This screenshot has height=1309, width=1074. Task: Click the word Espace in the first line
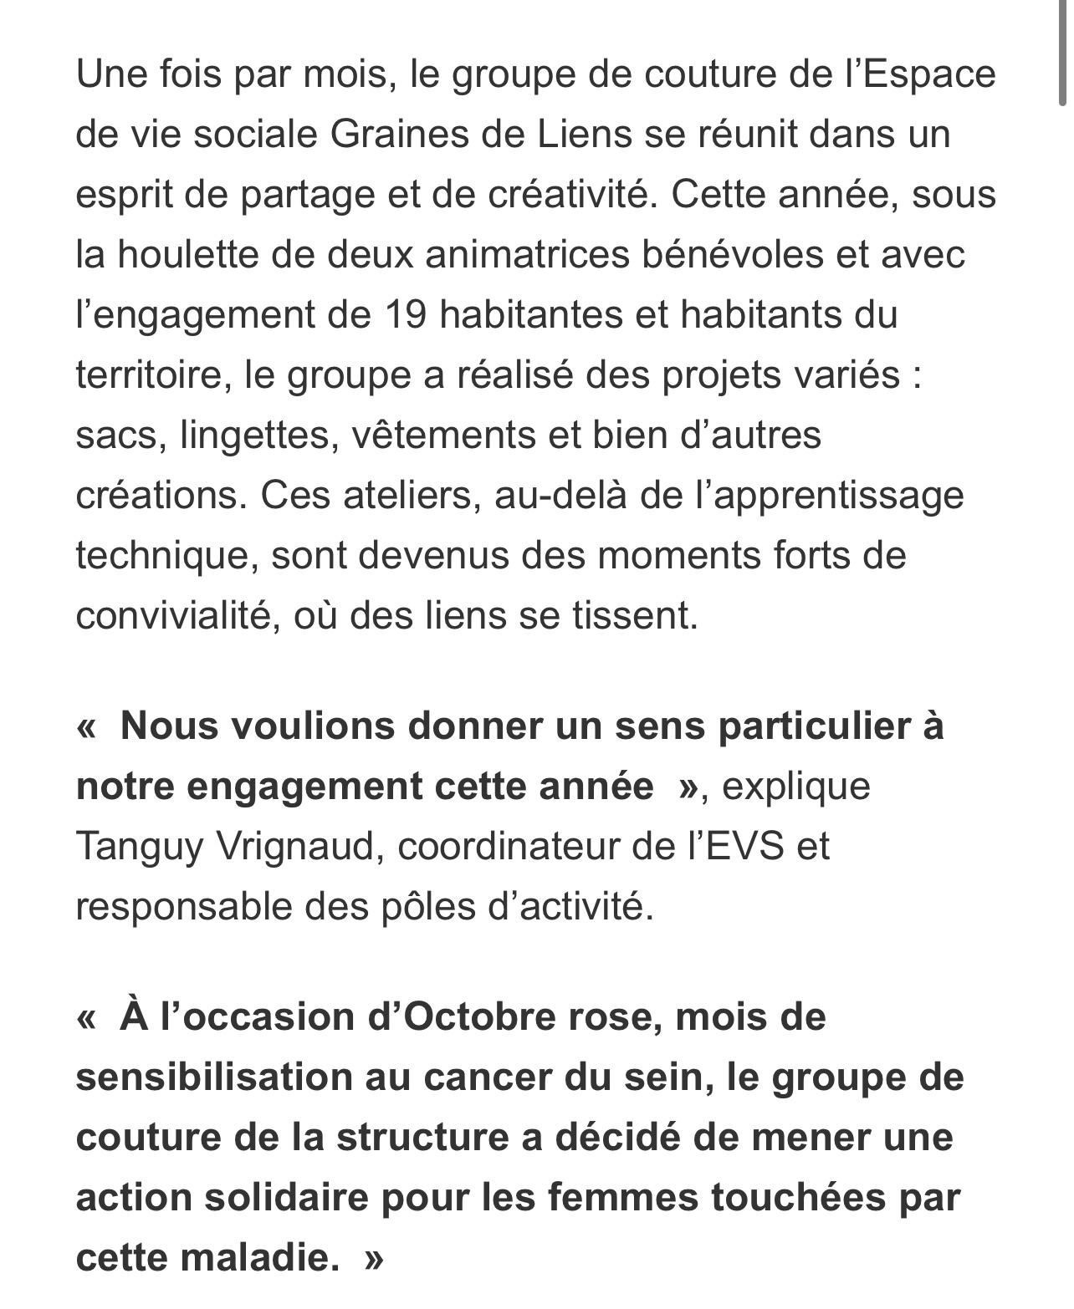928,74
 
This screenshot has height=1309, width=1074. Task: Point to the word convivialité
176,616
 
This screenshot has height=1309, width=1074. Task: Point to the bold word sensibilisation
212,1077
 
